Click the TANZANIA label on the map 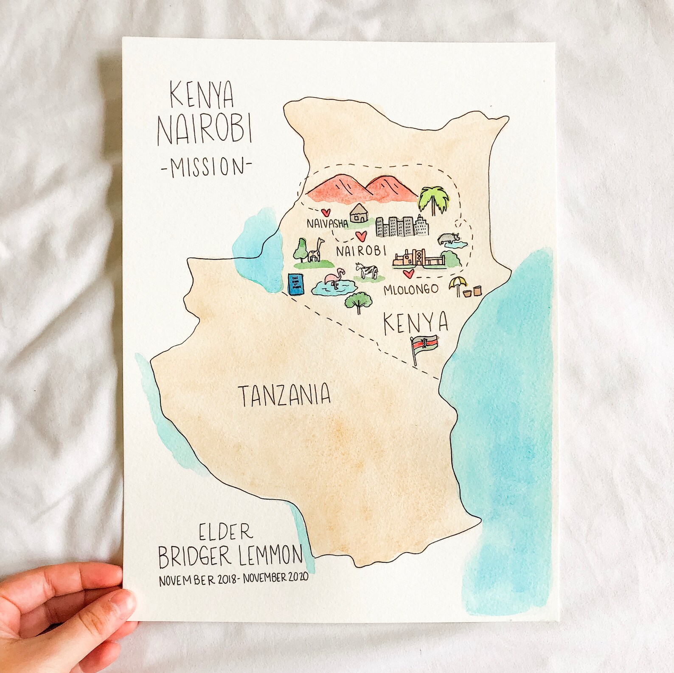pos(284,395)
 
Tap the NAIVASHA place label pos(326,223)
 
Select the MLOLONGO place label pos(410,289)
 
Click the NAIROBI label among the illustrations pos(361,251)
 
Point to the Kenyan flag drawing pos(424,346)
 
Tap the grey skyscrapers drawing pos(402,226)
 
